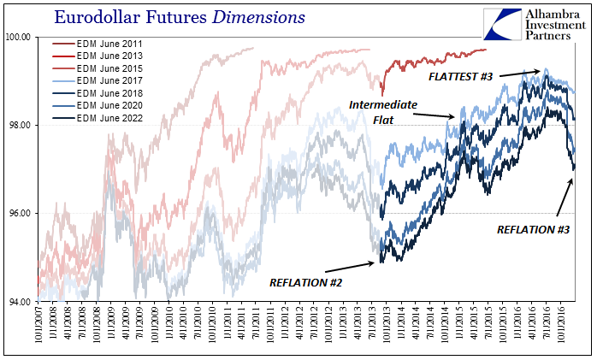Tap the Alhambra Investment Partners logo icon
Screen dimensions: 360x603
[x=504, y=24]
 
